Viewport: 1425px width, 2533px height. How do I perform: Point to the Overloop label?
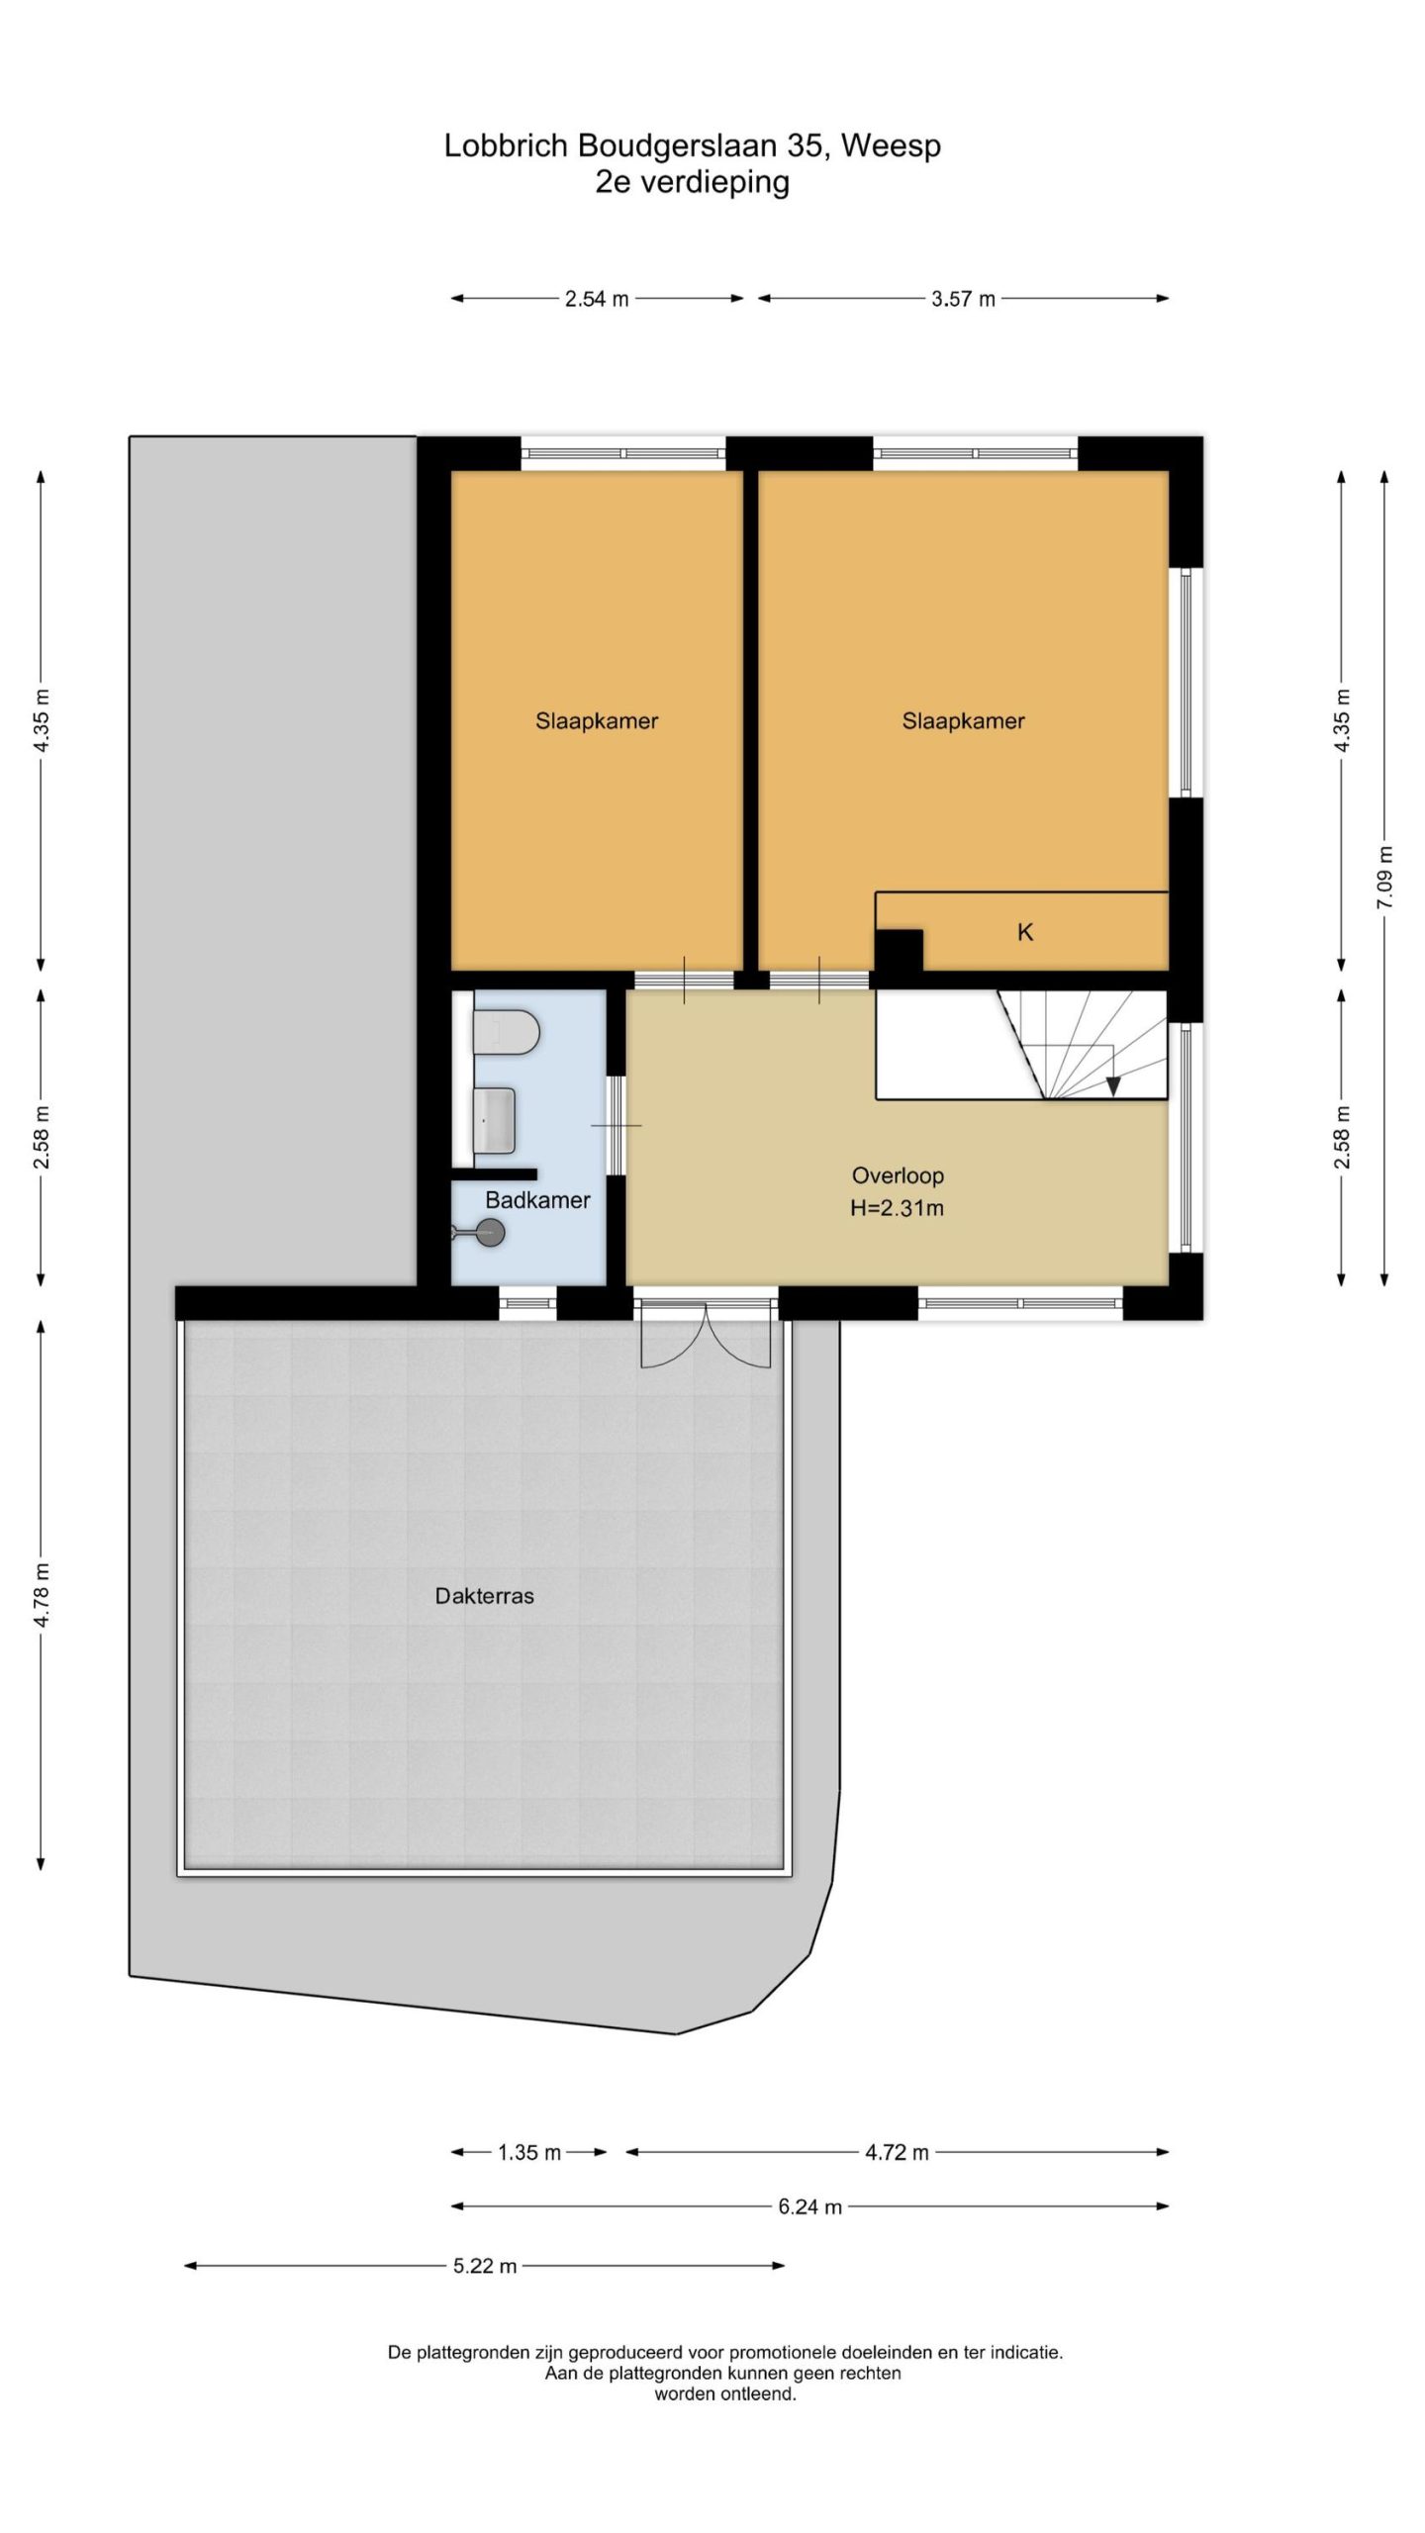click(898, 1175)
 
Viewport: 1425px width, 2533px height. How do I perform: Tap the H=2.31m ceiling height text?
click(898, 1208)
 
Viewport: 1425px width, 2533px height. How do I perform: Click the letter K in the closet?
click(1025, 932)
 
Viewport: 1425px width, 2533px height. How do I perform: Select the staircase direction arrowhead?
click(1113, 1085)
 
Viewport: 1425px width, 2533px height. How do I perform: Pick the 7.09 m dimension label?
click(1384, 879)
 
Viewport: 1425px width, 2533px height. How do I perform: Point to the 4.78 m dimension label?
click(41, 1594)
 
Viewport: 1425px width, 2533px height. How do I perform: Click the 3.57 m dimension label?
click(963, 299)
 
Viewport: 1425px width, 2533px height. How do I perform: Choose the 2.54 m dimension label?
click(597, 299)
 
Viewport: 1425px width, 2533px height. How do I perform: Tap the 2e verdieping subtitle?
click(692, 182)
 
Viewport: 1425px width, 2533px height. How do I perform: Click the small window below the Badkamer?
click(528, 1303)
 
